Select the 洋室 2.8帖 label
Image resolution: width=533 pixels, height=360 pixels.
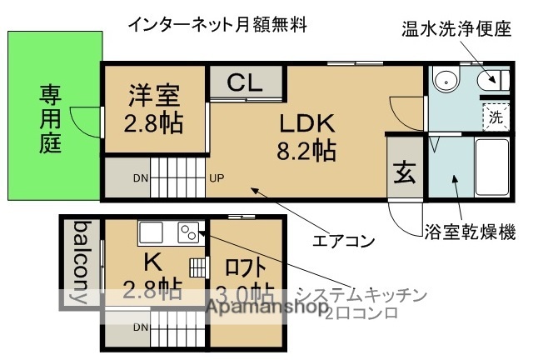click(x=155, y=108)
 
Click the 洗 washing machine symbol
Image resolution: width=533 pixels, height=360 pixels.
click(x=496, y=117)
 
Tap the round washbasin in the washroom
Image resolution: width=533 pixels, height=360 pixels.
click(x=446, y=82)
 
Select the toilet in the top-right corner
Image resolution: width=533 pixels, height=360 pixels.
click(x=490, y=81)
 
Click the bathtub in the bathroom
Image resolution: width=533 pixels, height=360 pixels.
click(x=491, y=167)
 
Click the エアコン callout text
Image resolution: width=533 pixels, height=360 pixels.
click(x=343, y=242)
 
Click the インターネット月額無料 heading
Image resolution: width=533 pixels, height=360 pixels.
click(x=217, y=25)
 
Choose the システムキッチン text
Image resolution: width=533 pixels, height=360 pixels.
click(x=362, y=294)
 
